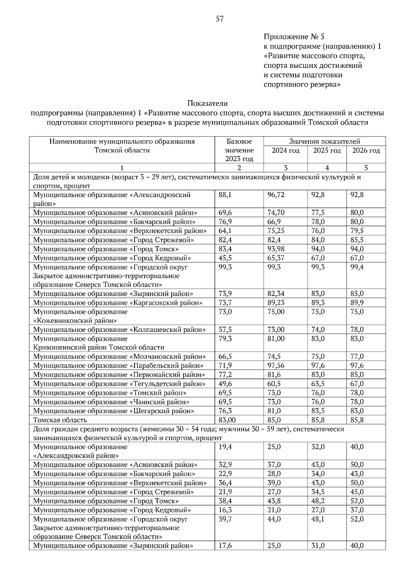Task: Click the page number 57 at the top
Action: pyautogui.click(x=219, y=19)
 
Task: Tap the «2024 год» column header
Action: pyautogui.click(x=286, y=151)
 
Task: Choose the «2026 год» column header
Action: pyautogui.click(x=366, y=151)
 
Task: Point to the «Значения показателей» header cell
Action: pyautogui.click(x=324, y=141)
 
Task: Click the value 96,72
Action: pyautogui.click(x=276, y=195)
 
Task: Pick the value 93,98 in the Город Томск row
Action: pyautogui.click(x=276, y=249)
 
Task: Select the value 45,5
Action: pyautogui.click(x=225, y=258)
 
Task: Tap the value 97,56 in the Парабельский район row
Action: pyautogui.click(x=276, y=365)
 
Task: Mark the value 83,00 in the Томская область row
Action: pyautogui.click(x=227, y=419)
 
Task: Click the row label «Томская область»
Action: pyautogui.click(x=60, y=419)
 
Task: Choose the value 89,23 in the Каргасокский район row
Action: pyautogui.click(x=276, y=302)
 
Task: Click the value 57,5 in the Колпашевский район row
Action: pyautogui.click(x=225, y=330)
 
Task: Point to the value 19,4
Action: pyautogui.click(x=225, y=447)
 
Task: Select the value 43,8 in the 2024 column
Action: pyautogui.click(x=274, y=501)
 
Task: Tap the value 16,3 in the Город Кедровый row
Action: pyautogui.click(x=225, y=510)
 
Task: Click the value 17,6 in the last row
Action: pyautogui.click(x=225, y=546)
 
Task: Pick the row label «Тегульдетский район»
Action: pyautogui.click(x=168, y=384)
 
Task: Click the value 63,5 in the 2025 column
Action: pyautogui.click(x=318, y=384)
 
